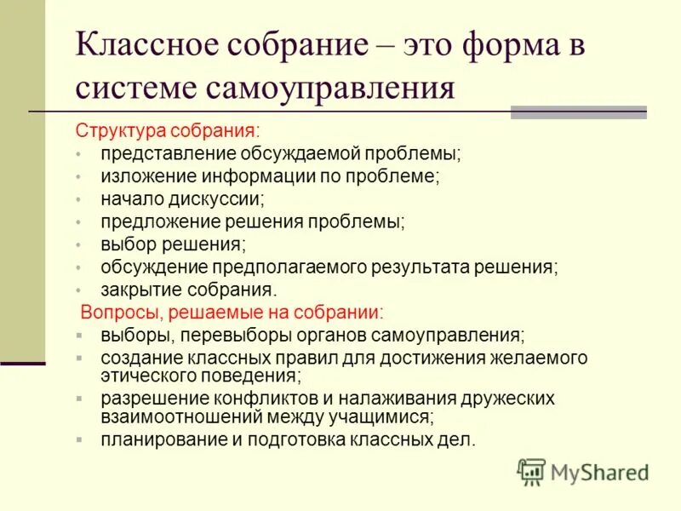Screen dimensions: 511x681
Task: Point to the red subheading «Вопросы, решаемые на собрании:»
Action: (232, 312)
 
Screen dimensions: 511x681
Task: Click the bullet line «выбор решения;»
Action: (173, 244)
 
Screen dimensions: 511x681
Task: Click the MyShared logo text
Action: (600, 472)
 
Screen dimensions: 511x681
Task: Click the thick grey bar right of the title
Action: (578, 112)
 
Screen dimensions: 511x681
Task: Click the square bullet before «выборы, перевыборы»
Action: (78, 335)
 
